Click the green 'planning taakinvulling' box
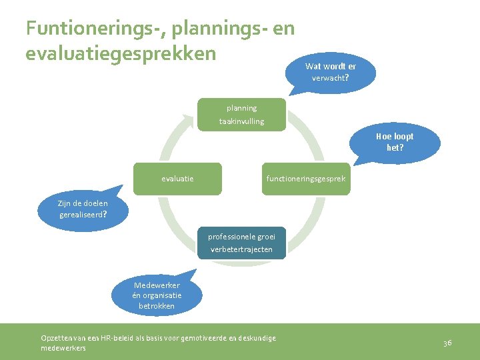[241, 115]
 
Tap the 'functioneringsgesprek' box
[305, 179]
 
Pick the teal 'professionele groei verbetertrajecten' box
[241, 243]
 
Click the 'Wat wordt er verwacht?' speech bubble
[330, 71]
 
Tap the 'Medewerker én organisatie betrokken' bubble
[157, 295]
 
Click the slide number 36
[447, 343]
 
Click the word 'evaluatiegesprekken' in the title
[121, 53]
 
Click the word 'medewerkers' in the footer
[63, 348]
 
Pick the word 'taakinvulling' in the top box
[241, 121]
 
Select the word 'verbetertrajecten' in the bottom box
[241, 249]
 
